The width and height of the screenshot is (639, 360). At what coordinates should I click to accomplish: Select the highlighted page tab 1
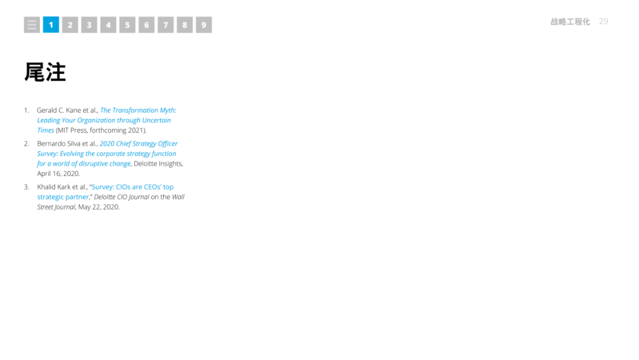click(x=51, y=25)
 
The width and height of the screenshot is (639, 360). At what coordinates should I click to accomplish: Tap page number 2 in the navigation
click(x=70, y=25)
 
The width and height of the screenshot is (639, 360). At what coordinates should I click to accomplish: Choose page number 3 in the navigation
click(x=89, y=25)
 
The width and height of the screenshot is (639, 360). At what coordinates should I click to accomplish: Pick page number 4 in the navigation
click(x=108, y=25)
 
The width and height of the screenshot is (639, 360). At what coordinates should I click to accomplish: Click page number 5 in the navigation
click(x=127, y=25)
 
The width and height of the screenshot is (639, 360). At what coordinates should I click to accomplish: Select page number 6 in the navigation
click(x=146, y=25)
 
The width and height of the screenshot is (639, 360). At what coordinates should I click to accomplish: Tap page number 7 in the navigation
click(x=166, y=25)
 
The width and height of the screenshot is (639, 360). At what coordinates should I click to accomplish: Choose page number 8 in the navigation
click(x=185, y=25)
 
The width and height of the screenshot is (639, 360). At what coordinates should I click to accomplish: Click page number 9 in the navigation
click(x=204, y=25)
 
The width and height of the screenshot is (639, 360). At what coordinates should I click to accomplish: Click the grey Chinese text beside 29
click(x=570, y=22)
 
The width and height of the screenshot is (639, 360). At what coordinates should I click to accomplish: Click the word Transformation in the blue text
click(x=134, y=110)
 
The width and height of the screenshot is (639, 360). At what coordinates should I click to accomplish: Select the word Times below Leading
click(x=46, y=130)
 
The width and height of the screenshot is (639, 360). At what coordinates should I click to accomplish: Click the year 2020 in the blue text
click(x=106, y=143)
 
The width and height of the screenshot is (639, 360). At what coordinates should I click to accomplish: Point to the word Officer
click(x=168, y=143)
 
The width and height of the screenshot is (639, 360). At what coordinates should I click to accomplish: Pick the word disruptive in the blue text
click(x=92, y=163)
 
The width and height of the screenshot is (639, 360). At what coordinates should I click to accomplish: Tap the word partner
click(x=77, y=197)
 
